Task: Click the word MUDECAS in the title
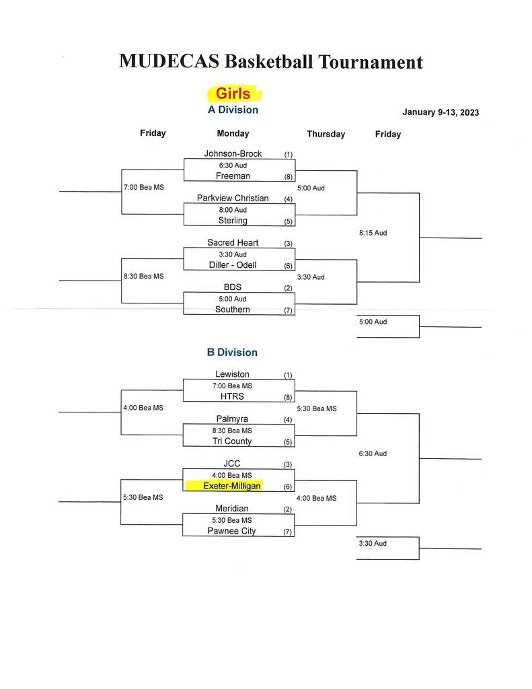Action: click(169, 61)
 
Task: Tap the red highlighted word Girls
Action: click(233, 94)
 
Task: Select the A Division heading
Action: click(233, 110)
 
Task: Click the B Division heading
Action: click(232, 353)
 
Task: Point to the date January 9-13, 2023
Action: click(441, 112)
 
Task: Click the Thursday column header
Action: click(326, 134)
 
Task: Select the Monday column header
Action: click(233, 134)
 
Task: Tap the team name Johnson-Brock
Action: click(233, 153)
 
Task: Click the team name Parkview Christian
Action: click(233, 198)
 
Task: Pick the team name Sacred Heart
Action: click(233, 242)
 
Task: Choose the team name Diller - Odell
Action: click(233, 265)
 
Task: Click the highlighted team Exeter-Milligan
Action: click(232, 486)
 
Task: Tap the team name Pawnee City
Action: click(231, 531)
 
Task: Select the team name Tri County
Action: click(232, 441)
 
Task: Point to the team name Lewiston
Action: click(232, 374)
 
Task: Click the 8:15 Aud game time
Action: click(373, 233)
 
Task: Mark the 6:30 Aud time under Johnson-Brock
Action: click(233, 166)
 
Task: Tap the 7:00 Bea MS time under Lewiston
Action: click(232, 386)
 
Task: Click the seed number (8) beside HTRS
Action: click(288, 397)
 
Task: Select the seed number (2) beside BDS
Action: click(288, 288)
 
